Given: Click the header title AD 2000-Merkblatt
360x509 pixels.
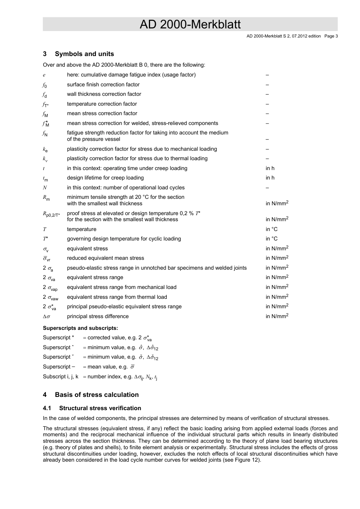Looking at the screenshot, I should (190, 25).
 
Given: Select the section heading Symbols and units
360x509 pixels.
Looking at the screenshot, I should (84, 54).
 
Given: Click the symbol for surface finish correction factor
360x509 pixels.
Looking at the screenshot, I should (45, 85).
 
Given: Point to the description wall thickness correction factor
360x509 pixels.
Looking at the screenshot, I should (104, 94).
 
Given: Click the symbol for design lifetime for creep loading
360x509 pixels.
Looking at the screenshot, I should (45, 178).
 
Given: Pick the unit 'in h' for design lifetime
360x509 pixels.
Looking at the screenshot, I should (270, 178).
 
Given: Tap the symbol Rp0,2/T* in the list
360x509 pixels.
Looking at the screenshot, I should (51, 214).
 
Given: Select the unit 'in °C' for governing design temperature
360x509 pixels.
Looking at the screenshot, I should (271, 239).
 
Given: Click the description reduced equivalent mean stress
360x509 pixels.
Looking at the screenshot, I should (105, 258).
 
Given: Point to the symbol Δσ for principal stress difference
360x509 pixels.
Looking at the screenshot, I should (46, 317).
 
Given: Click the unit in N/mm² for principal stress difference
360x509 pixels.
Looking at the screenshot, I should (277, 316).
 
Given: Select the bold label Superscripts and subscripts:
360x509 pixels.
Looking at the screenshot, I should (80, 328).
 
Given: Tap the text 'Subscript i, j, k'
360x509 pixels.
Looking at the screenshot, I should (61, 377).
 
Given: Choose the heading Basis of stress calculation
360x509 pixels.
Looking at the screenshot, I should (97, 395).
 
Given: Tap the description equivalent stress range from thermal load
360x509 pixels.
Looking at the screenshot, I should (117, 297).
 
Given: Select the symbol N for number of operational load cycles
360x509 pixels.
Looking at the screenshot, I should (45, 188).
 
